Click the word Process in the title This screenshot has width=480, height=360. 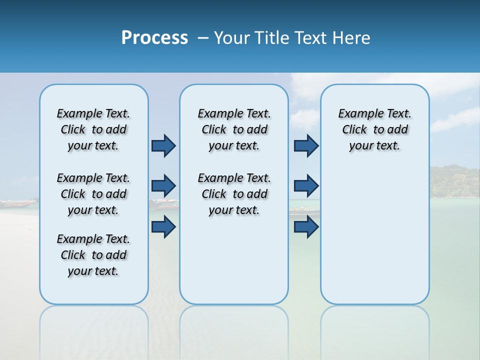[x=154, y=38]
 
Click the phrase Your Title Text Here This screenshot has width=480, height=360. [x=292, y=38]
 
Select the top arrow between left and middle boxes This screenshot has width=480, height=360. [x=163, y=145]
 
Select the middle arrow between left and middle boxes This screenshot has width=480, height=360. [x=163, y=186]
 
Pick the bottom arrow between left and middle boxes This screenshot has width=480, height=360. [x=163, y=226]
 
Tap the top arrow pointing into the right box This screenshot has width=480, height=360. [x=306, y=145]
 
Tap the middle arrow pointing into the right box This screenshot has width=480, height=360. [x=306, y=186]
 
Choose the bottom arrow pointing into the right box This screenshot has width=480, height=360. [x=306, y=226]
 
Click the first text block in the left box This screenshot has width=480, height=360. [x=93, y=129]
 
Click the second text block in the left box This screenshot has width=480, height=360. [x=93, y=194]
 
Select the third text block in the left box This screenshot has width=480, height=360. [x=93, y=255]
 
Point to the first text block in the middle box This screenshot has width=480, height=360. [x=234, y=129]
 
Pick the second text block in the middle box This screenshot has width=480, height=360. [x=234, y=194]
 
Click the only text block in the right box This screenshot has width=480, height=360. [x=374, y=129]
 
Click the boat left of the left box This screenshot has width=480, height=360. [x=19, y=203]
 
